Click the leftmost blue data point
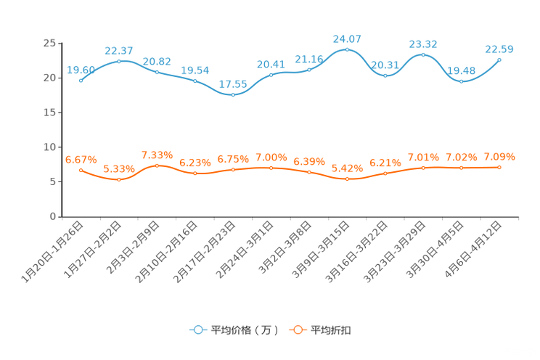81,80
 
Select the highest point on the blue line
347,49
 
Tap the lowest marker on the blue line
232,95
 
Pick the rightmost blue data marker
499,60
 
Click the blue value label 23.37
118,50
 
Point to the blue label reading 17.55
232,84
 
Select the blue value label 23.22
423,44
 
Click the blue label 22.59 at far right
499,49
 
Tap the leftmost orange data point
81,169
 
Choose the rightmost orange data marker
499,167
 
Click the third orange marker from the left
157,165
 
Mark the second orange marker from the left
119,179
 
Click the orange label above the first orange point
81,159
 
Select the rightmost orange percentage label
499,157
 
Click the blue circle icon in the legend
197,330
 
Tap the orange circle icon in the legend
296,330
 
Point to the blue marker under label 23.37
119,61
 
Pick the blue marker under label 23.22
423,54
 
